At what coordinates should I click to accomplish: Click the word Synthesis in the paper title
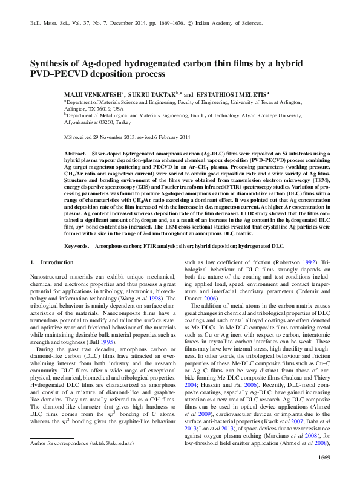click(x=51, y=63)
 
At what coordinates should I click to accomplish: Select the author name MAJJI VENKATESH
click(x=93, y=95)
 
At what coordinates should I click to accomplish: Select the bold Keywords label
click(x=77, y=247)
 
